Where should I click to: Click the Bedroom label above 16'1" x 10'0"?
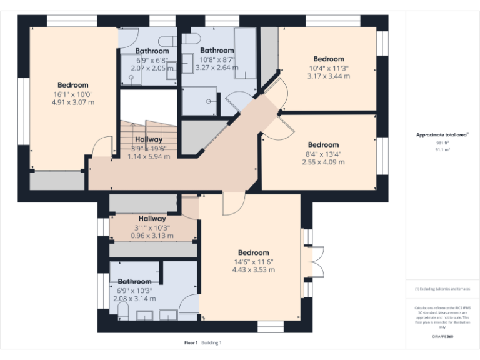click(x=73, y=85)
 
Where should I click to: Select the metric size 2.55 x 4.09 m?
click(x=323, y=162)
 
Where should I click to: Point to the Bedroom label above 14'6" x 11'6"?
click(x=253, y=252)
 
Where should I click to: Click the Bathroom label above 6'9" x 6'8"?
click(x=152, y=51)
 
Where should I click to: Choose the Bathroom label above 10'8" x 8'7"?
click(x=217, y=50)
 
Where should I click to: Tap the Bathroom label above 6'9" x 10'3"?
click(x=134, y=282)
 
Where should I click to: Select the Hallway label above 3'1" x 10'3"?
click(x=152, y=219)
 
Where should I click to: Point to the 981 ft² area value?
click(x=442, y=142)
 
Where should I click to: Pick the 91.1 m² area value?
click(x=442, y=150)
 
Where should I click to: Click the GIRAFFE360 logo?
click(x=442, y=337)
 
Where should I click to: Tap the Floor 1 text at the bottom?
click(x=191, y=343)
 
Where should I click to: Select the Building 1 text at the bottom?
click(x=211, y=343)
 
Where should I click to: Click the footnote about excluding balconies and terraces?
click(x=442, y=289)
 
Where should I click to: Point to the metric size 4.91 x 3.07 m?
click(x=73, y=102)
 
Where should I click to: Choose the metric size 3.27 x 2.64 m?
click(x=217, y=67)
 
